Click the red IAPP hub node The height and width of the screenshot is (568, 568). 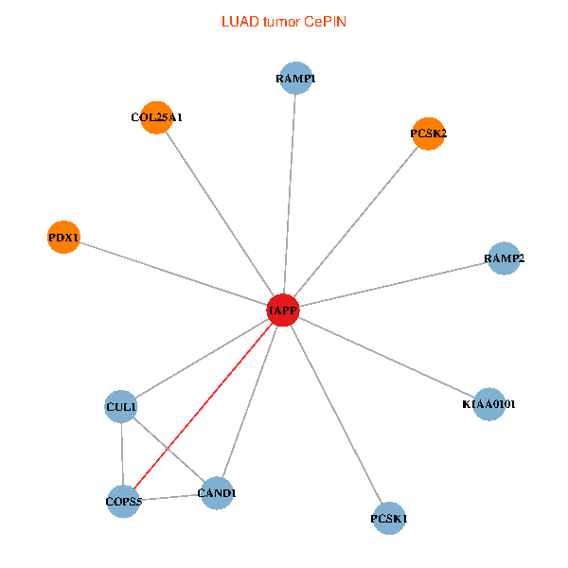click(283, 310)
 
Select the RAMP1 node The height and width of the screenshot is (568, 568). click(296, 79)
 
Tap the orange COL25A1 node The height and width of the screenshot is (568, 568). click(156, 117)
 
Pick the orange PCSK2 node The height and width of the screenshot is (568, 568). click(429, 134)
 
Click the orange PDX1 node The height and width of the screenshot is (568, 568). click(63, 237)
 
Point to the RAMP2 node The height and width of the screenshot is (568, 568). click(505, 258)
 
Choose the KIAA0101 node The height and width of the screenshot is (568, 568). click(488, 404)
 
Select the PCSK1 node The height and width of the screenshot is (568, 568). click(389, 519)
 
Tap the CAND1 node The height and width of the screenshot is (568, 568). click(217, 493)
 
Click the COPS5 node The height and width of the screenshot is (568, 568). click(123, 501)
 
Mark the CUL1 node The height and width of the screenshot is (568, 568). click(121, 407)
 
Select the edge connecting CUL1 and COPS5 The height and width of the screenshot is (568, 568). click(122, 454)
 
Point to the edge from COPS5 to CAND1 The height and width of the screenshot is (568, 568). click(170, 497)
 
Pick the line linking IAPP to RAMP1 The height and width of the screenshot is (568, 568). click(290, 194)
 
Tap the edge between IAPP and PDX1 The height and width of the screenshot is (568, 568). click(173, 274)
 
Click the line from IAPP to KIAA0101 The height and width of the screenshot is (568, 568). click(385, 357)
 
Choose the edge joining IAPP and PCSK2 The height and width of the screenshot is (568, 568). click(356, 222)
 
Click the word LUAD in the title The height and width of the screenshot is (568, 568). click(238, 20)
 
